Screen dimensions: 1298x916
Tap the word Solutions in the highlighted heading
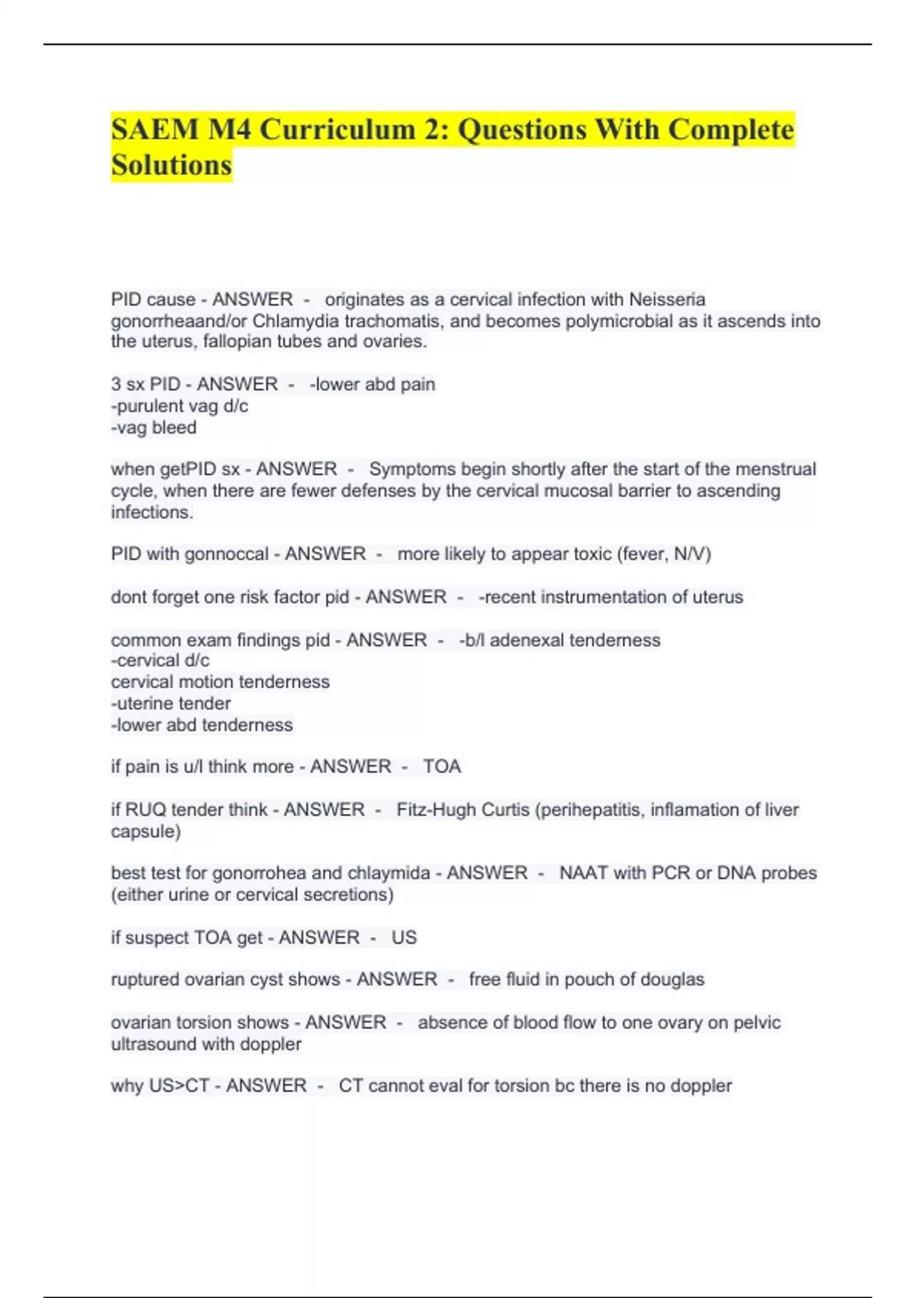(x=171, y=165)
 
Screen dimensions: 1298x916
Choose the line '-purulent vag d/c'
(x=179, y=406)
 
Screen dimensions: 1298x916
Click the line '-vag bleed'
(x=153, y=428)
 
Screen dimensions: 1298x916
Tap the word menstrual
(x=773, y=469)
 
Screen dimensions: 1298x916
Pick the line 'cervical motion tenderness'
(x=220, y=682)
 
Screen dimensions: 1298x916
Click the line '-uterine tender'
(x=170, y=703)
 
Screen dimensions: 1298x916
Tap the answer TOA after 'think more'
(x=442, y=767)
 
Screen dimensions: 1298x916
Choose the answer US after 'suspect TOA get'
(x=404, y=938)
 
